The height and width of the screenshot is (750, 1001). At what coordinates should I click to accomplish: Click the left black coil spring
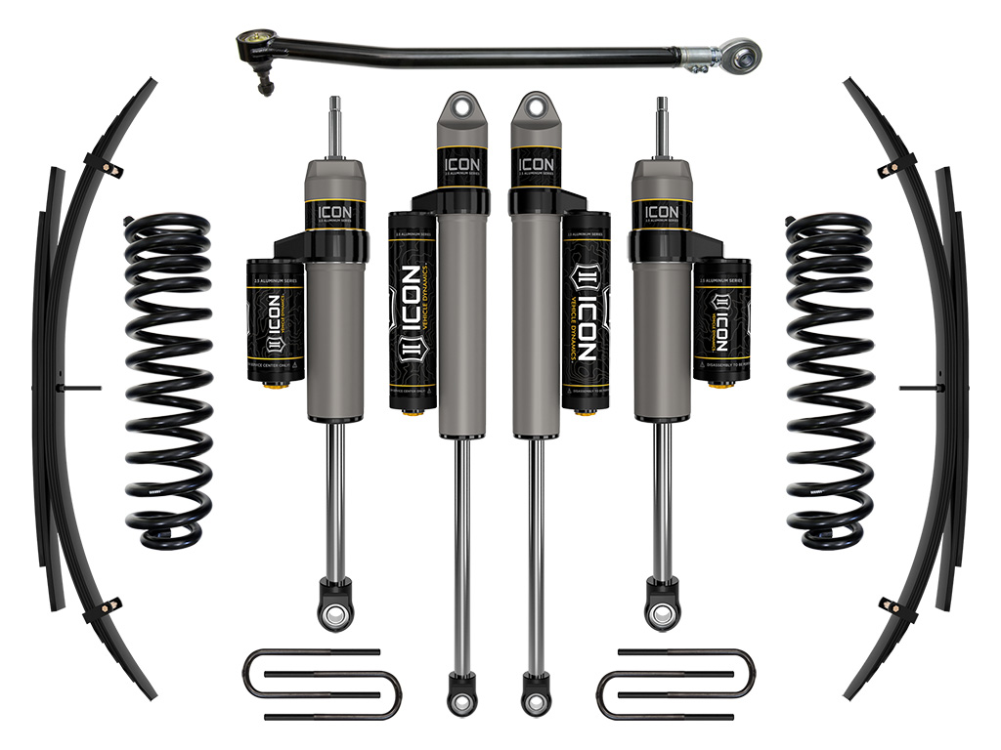tap(167, 377)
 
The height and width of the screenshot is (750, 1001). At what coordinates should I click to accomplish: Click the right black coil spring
tap(830, 377)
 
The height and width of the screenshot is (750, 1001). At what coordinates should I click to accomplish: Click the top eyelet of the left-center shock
tap(457, 106)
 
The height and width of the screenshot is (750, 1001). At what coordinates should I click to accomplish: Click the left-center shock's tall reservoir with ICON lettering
tap(412, 308)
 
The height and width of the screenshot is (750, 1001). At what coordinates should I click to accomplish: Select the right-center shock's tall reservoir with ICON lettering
tap(586, 308)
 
